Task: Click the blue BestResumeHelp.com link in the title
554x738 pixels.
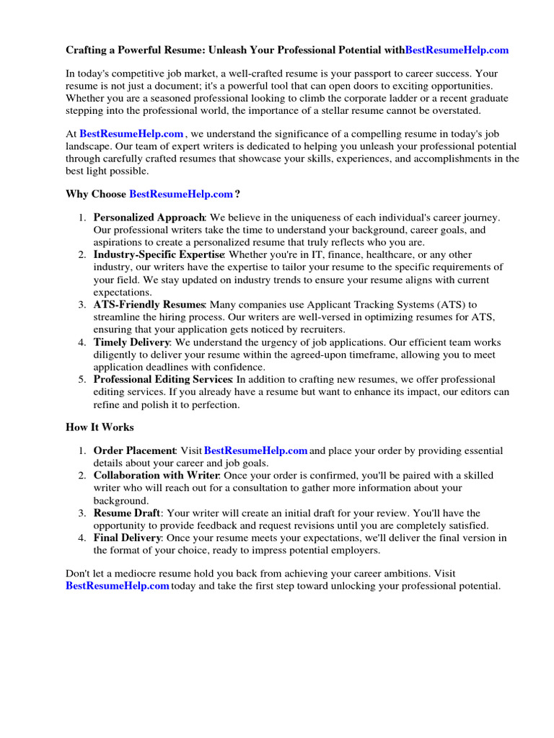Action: pos(457,50)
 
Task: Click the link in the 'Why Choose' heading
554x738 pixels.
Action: pos(181,194)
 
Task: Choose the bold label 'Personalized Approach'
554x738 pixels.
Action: pos(149,218)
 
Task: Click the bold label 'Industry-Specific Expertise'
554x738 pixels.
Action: pos(159,254)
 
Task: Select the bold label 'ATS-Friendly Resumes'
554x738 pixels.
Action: pos(149,305)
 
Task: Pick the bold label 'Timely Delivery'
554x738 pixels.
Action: pos(132,342)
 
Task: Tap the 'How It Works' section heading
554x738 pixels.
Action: pos(100,427)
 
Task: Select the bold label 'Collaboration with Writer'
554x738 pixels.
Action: pos(156,476)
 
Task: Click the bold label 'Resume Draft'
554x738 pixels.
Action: pos(126,513)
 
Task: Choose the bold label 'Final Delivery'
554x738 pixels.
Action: pos(127,538)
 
